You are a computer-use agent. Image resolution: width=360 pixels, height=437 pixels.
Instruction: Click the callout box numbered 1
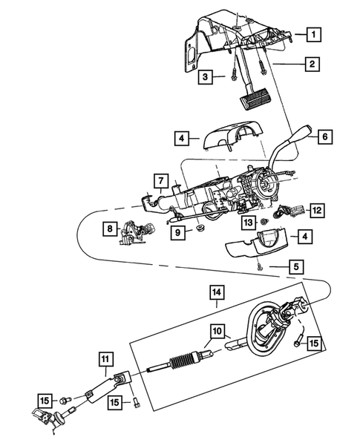point(315,34)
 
